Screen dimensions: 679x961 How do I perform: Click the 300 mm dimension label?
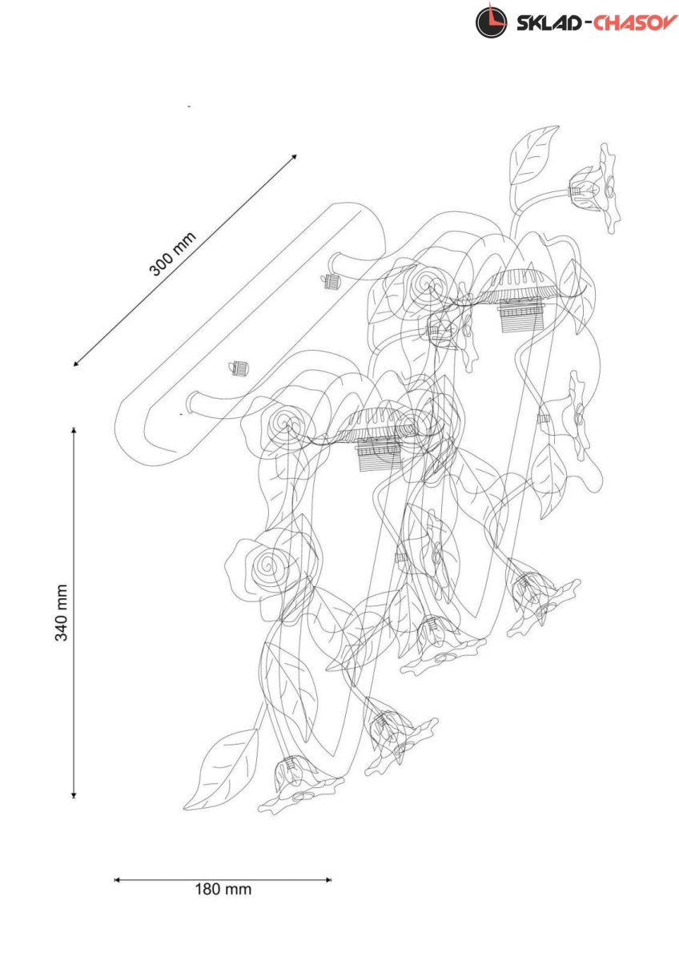pos(172,254)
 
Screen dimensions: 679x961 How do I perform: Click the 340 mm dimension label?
pos(62,612)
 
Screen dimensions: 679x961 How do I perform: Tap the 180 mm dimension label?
pos(223,890)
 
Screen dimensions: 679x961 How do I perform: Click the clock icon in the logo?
pos(491,22)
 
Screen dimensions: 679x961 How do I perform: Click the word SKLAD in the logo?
pos(548,23)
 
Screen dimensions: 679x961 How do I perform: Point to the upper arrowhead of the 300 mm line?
pos(294,157)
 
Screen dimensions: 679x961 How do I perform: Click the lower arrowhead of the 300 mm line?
pos(76,363)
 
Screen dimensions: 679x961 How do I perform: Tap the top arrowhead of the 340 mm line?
pos(74,430)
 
